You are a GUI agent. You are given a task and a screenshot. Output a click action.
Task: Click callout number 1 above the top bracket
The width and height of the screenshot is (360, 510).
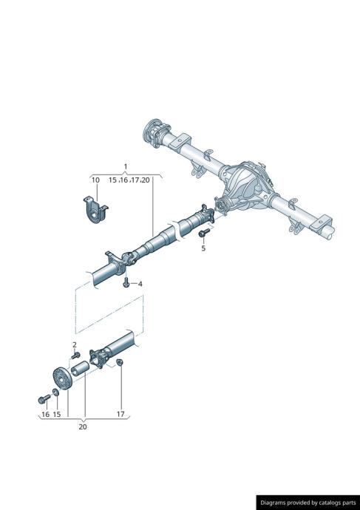(126, 166)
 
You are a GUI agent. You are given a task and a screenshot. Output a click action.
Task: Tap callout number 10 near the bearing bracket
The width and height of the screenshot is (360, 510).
(95, 180)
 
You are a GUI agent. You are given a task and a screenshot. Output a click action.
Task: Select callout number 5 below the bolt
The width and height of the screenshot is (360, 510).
(203, 248)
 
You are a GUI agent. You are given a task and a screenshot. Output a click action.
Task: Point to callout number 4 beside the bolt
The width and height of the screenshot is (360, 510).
(140, 284)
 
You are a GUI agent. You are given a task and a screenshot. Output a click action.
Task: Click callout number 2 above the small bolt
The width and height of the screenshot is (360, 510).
(75, 344)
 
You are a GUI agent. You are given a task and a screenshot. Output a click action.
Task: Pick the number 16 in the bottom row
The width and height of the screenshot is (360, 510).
(46, 414)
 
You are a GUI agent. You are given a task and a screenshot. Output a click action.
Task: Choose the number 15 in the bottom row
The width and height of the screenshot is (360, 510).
(57, 414)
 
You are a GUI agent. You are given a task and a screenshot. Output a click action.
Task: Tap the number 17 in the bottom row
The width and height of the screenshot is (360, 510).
(120, 414)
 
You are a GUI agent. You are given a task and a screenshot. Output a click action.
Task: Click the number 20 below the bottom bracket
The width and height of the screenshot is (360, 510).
(83, 426)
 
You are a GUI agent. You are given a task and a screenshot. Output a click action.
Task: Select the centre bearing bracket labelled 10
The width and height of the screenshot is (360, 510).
(95, 210)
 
